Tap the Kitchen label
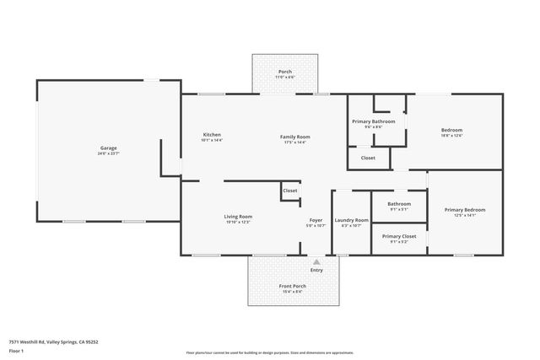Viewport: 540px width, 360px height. [212, 135]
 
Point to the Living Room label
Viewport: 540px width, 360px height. [239, 218]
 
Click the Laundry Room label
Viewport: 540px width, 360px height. [351, 220]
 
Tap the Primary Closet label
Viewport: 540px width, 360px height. [399, 236]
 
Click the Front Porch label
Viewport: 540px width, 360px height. [292, 286]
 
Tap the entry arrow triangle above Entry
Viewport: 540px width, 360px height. [316, 262]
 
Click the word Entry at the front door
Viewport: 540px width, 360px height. [316, 270]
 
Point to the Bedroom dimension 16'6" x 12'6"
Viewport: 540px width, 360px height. [451, 135]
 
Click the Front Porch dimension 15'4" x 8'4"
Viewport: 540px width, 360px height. [292, 291]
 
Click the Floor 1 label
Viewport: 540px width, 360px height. [16, 352]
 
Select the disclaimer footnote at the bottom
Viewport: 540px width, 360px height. [270, 352]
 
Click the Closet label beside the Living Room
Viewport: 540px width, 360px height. [289, 191]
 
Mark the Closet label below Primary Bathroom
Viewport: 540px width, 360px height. [368, 158]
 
